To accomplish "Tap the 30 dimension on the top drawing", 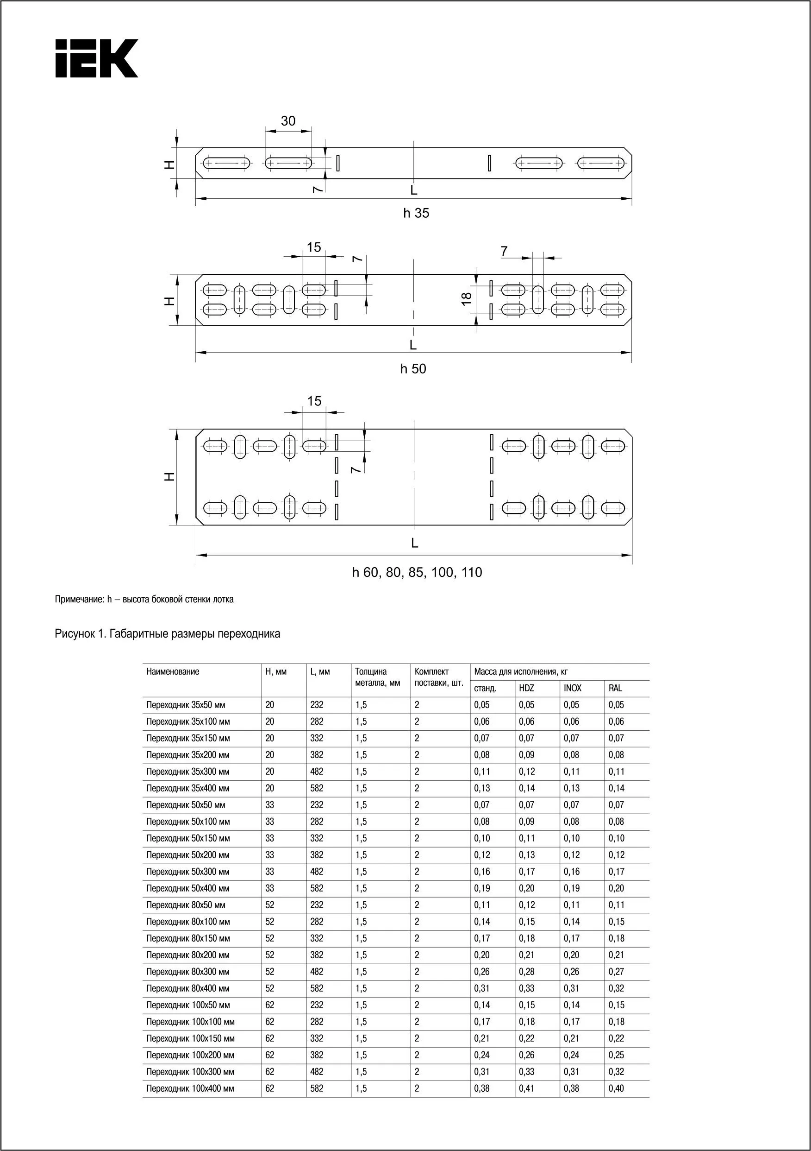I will point(288,121).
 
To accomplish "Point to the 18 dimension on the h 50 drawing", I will point(466,298).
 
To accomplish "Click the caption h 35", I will point(416,213).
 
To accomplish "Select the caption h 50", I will point(413,368).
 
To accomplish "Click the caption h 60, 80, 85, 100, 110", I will point(417,572).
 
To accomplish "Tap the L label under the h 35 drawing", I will point(414,190).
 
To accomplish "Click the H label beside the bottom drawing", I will point(170,477).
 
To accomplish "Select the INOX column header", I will point(572,688).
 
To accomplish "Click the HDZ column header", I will point(526,688).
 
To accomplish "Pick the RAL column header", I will point(615,688).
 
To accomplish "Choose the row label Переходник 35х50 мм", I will point(186,705).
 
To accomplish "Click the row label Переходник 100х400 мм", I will point(190,1088).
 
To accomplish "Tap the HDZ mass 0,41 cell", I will point(526,1088).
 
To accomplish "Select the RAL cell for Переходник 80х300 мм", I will point(616,972).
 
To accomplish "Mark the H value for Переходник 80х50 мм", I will point(269,905).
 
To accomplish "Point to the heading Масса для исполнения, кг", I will point(521,672).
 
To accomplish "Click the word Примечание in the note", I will point(79,599).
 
